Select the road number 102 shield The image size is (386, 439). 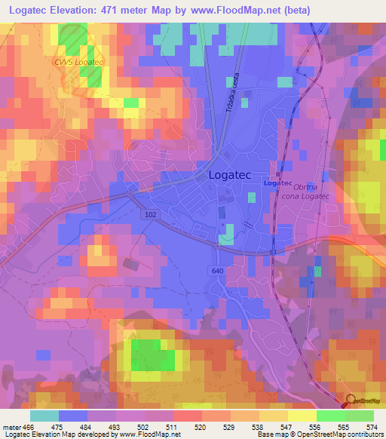point(150,215)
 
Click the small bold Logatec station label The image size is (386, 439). point(277,183)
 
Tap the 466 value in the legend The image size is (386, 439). point(30,426)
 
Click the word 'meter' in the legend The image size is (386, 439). point(11,426)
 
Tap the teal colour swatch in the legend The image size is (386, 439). point(44,416)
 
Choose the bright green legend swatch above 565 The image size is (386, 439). point(331,416)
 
